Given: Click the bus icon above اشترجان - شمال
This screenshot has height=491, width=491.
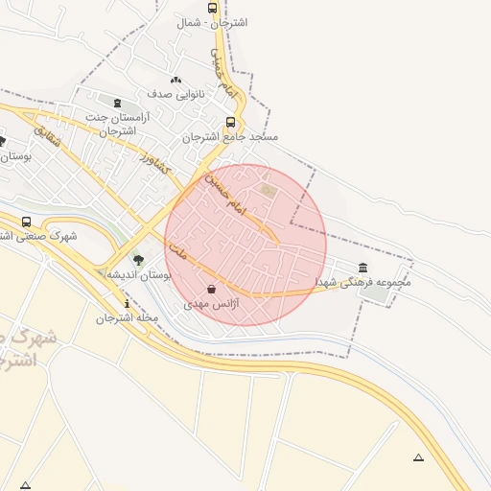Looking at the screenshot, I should point(212,8).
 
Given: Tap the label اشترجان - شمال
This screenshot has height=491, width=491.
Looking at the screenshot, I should point(212,22).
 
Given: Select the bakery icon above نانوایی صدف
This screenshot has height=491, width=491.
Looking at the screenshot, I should point(175,81).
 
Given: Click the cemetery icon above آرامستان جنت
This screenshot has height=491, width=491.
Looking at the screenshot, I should point(117,103).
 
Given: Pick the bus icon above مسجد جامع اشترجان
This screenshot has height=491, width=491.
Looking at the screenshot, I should point(230,122).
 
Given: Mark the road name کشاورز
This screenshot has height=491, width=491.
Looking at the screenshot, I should point(153,160).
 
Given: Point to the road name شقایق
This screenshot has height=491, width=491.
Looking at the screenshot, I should point(49,136).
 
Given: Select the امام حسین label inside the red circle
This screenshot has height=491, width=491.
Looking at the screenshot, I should point(226,194).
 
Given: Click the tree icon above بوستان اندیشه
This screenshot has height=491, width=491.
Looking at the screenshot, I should point(138,260).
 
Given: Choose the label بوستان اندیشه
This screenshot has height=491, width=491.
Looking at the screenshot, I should point(138,275).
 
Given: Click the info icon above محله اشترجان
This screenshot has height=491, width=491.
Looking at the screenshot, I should point(128,303).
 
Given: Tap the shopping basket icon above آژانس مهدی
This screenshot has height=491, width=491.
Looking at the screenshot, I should point(211,289).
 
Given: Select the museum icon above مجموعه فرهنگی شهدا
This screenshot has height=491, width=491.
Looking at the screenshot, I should point(362,268).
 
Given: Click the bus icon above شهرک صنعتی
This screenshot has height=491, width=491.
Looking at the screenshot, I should point(26,222).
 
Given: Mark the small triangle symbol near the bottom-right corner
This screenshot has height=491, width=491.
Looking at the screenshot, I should point(417,457).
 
